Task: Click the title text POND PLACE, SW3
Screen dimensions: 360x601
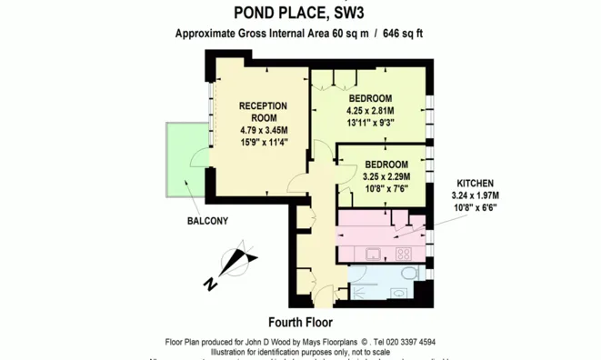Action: [x=300, y=13]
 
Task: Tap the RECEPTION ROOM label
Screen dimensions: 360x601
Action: [x=263, y=112]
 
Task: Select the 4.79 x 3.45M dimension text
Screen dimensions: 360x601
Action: [x=263, y=130]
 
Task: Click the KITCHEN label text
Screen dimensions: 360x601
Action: [x=476, y=183]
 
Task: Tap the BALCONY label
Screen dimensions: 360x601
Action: [x=208, y=221]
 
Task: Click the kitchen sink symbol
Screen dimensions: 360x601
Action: [x=373, y=253]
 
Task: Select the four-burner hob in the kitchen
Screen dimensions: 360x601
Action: [x=404, y=254]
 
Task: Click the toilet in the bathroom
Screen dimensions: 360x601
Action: [x=411, y=272]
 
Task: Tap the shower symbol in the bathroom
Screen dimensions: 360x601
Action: [x=359, y=284]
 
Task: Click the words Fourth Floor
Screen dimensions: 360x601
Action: [x=300, y=323]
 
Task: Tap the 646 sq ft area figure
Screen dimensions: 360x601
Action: [x=404, y=34]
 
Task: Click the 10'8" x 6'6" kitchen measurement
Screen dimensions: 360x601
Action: [x=476, y=207]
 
